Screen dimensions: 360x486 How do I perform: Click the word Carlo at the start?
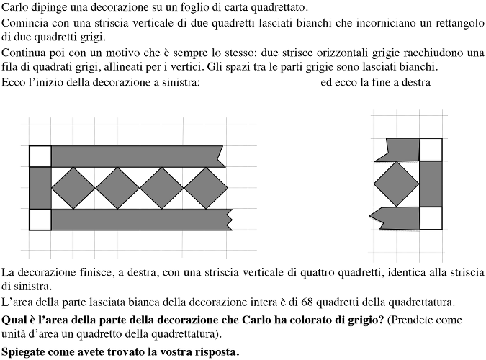pos(16,8)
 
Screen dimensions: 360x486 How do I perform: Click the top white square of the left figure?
pos(40,156)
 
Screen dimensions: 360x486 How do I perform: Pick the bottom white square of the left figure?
pos(40,220)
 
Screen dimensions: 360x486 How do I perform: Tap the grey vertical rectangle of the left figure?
pos(40,188)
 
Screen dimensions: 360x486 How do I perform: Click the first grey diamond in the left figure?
pos(73,188)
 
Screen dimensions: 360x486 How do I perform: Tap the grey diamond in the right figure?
pos(397,184)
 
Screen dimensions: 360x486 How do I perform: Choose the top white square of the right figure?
pos(431,149)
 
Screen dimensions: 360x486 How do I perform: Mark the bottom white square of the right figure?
pos(431,217)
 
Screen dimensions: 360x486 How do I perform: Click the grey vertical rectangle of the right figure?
pos(431,184)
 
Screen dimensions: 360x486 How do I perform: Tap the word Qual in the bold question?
pos(14,319)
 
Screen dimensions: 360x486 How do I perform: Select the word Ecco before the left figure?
pos(14,82)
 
